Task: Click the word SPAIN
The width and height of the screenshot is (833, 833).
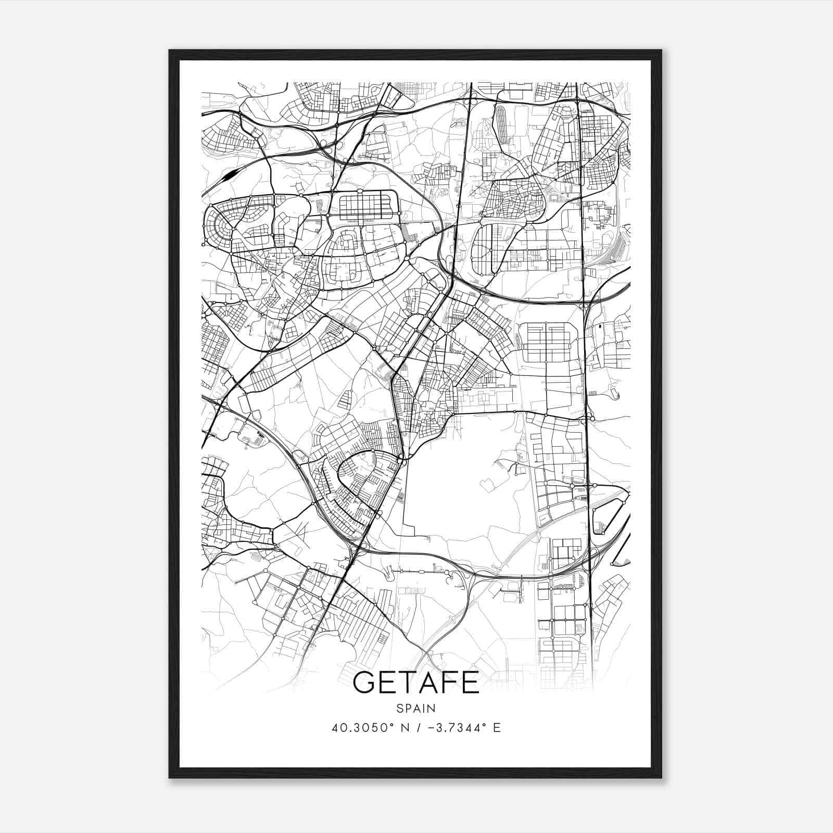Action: click(416, 708)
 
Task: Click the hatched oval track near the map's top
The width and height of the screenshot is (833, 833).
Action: click(502, 124)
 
